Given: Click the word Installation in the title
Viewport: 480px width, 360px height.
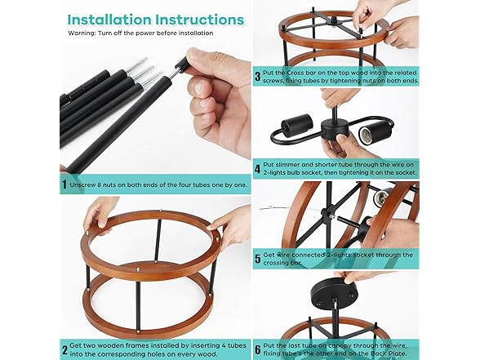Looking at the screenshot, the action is click(x=109, y=20).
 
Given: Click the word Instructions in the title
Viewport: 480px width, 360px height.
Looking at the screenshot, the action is click(x=200, y=20).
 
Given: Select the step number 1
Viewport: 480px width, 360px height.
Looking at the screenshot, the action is click(x=64, y=184).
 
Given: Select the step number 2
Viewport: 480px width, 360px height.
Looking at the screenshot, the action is click(x=64, y=350).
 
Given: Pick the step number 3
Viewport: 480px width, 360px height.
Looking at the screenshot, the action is click(x=258, y=77).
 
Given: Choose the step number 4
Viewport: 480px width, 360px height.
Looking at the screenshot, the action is click(x=257, y=169).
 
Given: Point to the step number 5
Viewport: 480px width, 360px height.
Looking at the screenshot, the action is click(x=258, y=259).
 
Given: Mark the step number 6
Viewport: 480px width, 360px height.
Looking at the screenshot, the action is click(x=258, y=349).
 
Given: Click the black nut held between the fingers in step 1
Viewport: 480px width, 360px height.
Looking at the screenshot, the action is click(x=182, y=64).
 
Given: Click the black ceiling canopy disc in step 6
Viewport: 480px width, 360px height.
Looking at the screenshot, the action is click(x=333, y=293).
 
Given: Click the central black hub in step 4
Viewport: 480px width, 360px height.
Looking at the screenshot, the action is click(x=335, y=129).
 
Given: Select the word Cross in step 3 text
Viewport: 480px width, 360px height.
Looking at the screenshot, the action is click(x=296, y=73).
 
